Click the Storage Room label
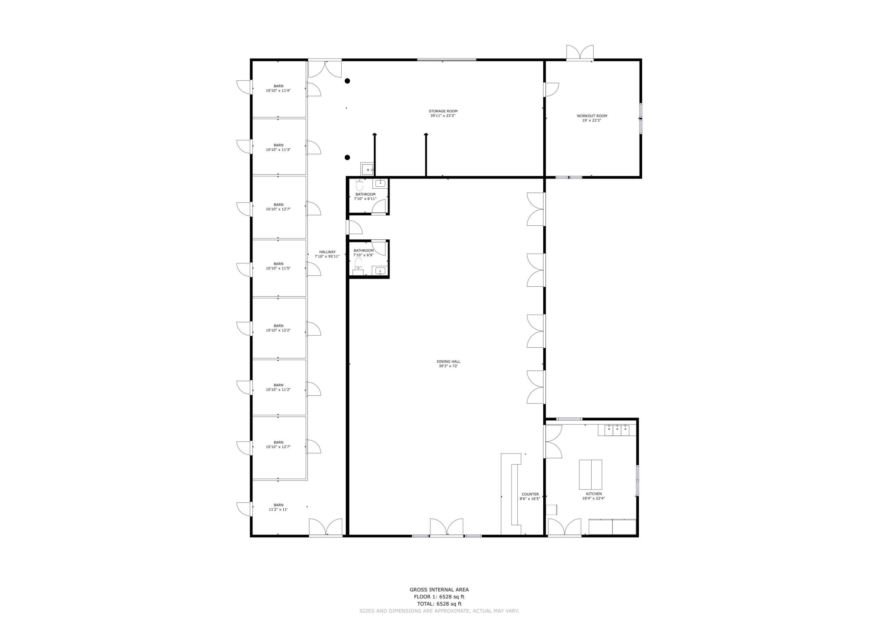(443, 113)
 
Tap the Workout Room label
(592, 118)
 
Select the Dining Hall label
(448, 364)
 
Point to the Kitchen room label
(594, 496)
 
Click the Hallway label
(328, 254)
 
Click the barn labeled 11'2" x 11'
(279, 507)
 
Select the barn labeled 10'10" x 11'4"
(279, 88)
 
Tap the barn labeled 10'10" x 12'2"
(279, 328)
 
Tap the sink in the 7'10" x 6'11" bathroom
(380, 184)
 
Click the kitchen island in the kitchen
(591, 474)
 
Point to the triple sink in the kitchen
(617, 430)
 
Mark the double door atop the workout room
(580, 53)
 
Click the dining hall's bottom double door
(446, 527)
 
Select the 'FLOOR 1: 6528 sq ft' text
(439, 597)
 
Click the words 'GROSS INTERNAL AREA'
(439, 590)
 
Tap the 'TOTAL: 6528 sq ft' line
(439, 604)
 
